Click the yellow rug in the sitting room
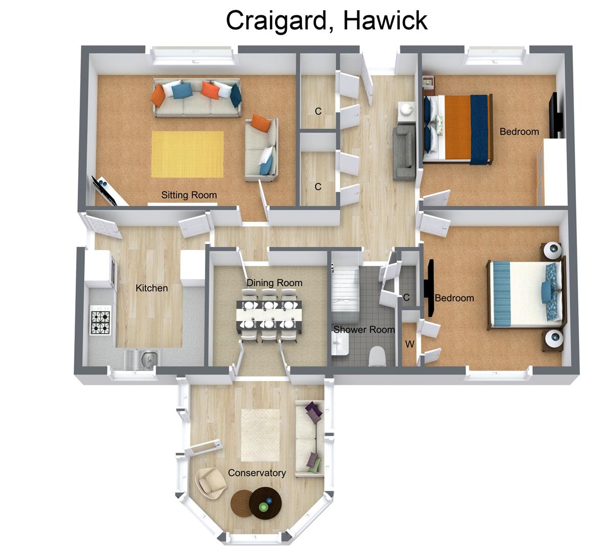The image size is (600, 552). [x=188, y=154]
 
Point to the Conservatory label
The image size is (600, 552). [x=257, y=473]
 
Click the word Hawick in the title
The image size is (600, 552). [x=385, y=20]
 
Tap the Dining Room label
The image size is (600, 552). [x=274, y=283]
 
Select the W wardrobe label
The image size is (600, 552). [x=410, y=344]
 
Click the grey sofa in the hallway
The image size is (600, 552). [x=404, y=153]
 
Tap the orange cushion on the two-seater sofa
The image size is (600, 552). [x=260, y=123]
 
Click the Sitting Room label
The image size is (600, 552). [x=189, y=195]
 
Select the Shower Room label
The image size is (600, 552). [x=364, y=330]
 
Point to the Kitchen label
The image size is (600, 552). [x=152, y=288]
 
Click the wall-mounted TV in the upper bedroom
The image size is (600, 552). [x=556, y=114]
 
